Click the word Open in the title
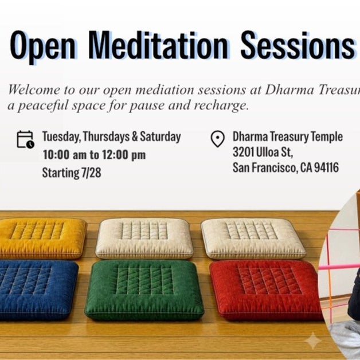coord(42,46)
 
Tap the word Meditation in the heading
coord(158,45)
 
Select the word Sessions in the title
coord(298,45)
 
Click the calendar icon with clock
coord(25,139)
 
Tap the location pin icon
coord(217,139)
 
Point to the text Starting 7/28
coord(72,173)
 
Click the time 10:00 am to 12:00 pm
coord(94,155)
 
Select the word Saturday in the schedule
coord(161,137)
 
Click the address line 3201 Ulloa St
coord(263,152)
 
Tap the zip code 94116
coord(326,167)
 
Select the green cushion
coord(144,289)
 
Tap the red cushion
coord(267,289)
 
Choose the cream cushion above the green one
coord(144,238)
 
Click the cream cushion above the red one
coord(253,238)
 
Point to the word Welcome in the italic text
coord(34,89)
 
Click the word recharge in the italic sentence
coord(221,105)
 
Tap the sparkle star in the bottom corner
coord(313,341)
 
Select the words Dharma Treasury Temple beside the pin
coord(288,136)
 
